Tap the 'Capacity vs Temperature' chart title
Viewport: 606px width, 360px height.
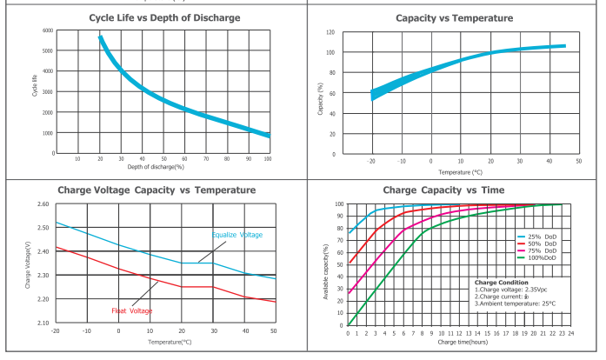(x=451, y=17)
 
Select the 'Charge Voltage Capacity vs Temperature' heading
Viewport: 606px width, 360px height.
(x=156, y=190)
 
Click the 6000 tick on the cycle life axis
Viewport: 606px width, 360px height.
(x=47, y=30)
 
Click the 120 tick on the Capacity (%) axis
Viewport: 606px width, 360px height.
(x=330, y=32)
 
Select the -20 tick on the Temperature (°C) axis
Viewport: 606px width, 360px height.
(x=372, y=161)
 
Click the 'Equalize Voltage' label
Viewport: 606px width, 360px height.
(x=236, y=235)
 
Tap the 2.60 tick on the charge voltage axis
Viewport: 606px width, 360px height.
(x=43, y=204)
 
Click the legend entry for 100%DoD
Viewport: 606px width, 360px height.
(x=545, y=257)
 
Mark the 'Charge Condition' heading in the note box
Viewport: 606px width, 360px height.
(x=503, y=282)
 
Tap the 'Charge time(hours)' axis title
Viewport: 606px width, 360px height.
(x=455, y=343)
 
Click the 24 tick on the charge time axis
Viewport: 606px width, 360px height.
(x=572, y=332)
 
